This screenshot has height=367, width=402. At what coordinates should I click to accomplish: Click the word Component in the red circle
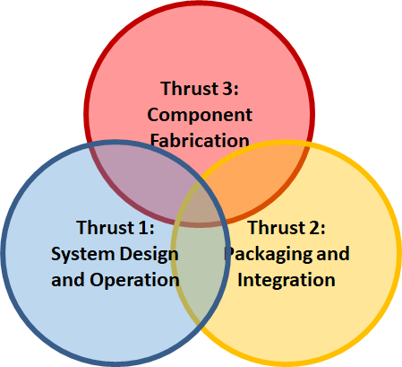(200, 116)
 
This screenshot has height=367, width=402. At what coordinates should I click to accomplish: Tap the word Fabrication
(200, 140)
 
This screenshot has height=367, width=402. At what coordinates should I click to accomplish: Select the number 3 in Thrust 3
(227, 88)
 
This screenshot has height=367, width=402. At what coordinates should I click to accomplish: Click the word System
(82, 255)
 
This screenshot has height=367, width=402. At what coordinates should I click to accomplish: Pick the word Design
(149, 255)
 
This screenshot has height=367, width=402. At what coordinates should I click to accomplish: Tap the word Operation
(134, 281)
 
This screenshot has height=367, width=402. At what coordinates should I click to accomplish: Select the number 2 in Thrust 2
(314, 227)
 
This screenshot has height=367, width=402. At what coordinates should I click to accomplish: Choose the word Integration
(287, 281)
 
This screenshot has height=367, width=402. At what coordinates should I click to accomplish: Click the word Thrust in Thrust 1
(106, 227)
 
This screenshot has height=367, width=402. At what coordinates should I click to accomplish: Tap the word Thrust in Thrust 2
(277, 227)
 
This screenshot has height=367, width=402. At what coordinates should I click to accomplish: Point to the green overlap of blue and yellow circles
(200, 269)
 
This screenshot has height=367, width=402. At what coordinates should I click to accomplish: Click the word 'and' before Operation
(68, 280)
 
